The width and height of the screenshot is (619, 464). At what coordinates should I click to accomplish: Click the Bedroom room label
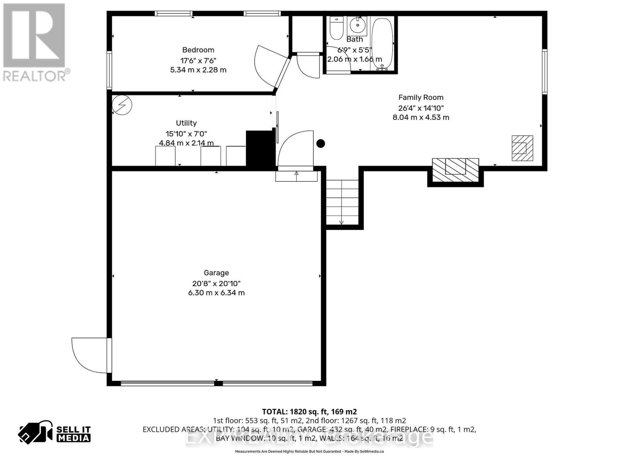click(x=198, y=50)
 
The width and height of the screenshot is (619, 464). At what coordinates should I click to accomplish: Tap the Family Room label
click(x=421, y=97)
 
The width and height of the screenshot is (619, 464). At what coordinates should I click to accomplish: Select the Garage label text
click(x=216, y=273)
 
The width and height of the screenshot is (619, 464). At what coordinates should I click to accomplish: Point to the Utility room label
click(x=186, y=123)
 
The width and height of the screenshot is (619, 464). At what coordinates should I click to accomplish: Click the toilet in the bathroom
click(x=336, y=28)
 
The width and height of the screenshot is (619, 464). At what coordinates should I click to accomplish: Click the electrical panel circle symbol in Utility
click(x=122, y=104)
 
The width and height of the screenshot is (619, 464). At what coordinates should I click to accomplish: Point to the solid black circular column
click(x=320, y=143)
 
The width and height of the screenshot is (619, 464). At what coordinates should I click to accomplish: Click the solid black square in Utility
click(x=260, y=148)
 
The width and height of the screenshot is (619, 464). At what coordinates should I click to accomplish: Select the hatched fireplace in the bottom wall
click(x=455, y=170)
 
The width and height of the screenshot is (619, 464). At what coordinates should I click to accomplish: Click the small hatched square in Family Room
click(x=522, y=148)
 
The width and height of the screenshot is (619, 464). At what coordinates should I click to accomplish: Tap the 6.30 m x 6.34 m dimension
click(x=216, y=293)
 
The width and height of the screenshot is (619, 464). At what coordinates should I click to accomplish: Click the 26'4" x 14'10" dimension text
click(x=421, y=108)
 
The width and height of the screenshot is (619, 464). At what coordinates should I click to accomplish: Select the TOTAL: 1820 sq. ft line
click(x=309, y=411)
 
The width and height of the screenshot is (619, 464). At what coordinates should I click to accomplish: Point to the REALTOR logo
click(x=35, y=43)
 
